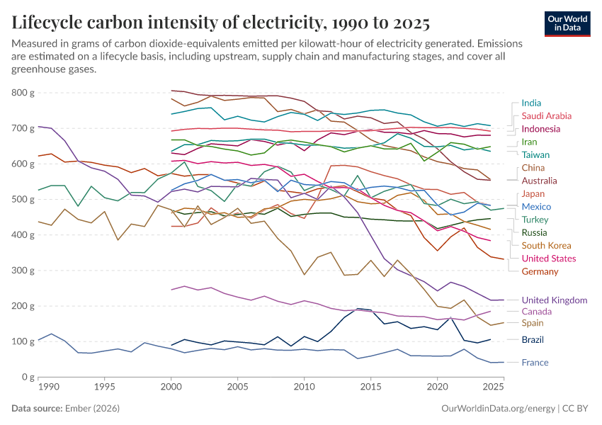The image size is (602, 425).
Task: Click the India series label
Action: coord(531,103)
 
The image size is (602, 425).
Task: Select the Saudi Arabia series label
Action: coord(546,115)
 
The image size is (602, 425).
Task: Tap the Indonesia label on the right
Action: coord(542,129)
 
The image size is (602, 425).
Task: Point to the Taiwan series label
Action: coord(535,154)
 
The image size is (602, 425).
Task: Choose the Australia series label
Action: coord(540,181)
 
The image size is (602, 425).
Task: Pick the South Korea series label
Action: coord(547,245)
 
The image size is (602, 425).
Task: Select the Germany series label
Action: coord(540,271)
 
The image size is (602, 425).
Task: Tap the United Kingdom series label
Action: coord(555,300)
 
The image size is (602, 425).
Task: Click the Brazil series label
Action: coord(533,340)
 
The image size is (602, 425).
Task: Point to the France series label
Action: coord(535,363)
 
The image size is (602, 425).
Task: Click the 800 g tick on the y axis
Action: coord(23,93)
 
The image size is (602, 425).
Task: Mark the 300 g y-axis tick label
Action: coord(23,271)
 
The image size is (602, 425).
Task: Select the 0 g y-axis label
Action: coord(27,378)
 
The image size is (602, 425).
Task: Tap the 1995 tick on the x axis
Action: coord(104,388)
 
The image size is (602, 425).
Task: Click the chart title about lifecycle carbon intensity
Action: coord(220,23)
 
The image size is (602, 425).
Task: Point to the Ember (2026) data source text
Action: coord(92,409)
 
